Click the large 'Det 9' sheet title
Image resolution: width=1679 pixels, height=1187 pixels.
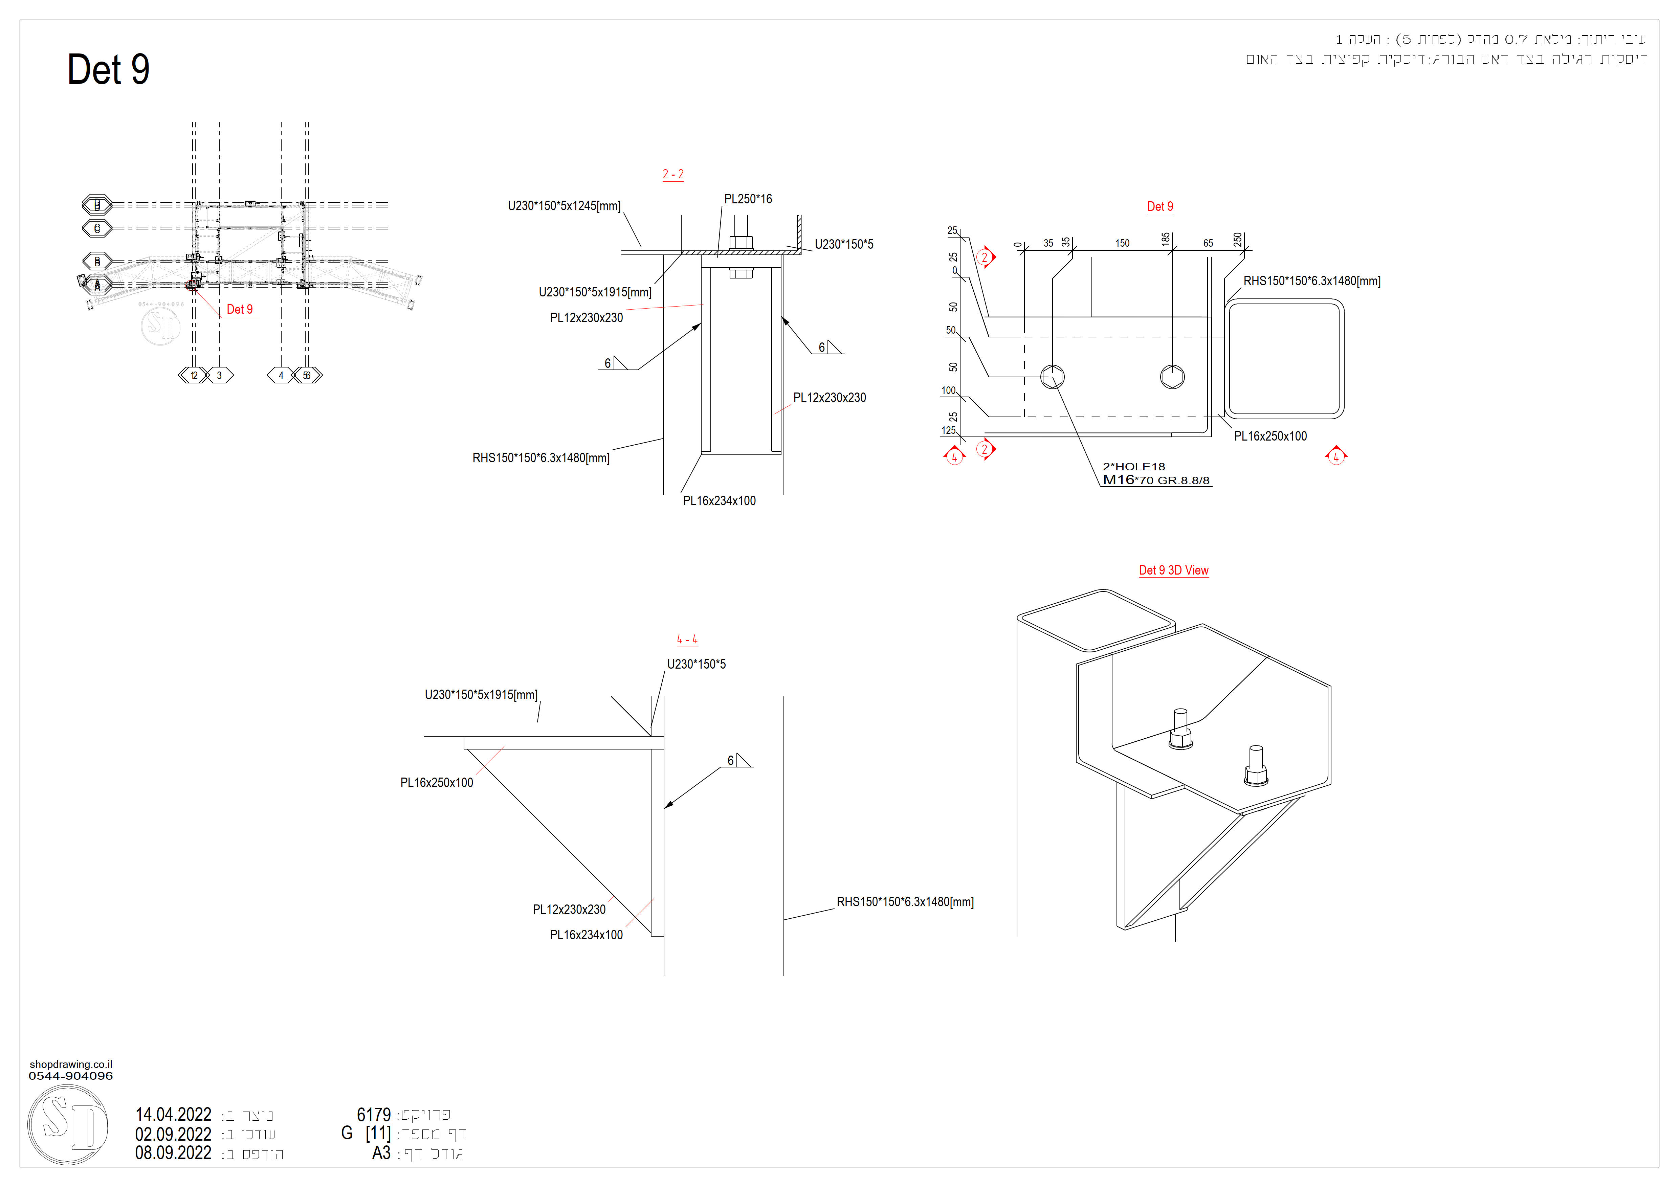[108, 70]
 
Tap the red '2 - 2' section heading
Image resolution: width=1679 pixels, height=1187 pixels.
[673, 175]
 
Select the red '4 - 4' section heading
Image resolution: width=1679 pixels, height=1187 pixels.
[687, 640]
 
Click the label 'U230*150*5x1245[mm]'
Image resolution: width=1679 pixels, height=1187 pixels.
[564, 206]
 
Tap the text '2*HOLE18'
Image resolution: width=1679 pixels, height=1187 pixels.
[1133, 466]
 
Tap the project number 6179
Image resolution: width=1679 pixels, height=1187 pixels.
[374, 1115]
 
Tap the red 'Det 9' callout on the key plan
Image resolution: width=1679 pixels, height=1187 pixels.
[239, 309]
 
